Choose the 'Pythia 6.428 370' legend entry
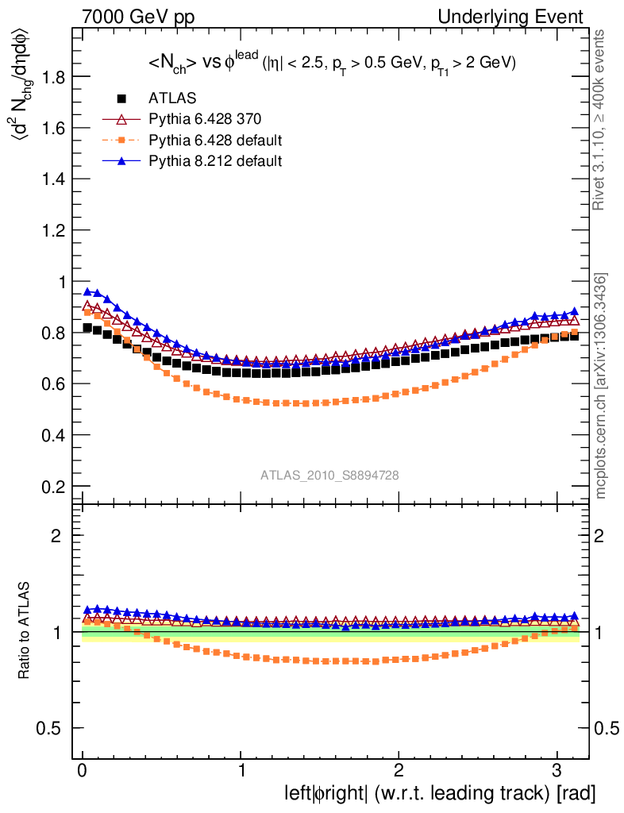click(x=205, y=119)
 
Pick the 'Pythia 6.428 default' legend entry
click(x=215, y=141)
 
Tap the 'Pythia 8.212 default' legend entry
click(x=214, y=161)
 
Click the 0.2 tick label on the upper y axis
click(x=53, y=486)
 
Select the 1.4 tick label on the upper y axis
click(x=53, y=179)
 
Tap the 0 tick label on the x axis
click(x=83, y=771)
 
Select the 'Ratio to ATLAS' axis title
click(x=25, y=632)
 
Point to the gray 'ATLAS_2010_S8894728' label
click(x=329, y=475)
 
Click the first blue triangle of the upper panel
click(x=88, y=291)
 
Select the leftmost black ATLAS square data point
click(x=88, y=327)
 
